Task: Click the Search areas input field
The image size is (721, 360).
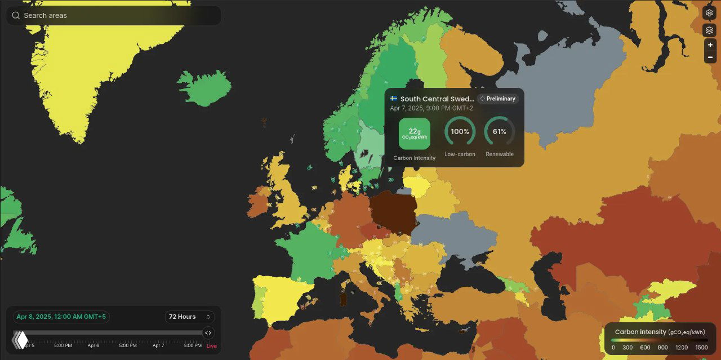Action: (x=113, y=16)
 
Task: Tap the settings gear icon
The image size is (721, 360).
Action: (x=710, y=13)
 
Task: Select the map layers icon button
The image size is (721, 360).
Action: (x=710, y=30)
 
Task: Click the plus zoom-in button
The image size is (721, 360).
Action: (x=710, y=45)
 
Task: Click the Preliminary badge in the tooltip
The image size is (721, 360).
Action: (x=498, y=99)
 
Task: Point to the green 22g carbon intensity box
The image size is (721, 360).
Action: (x=415, y=134)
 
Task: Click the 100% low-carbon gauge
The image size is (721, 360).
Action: (x=460, y=132)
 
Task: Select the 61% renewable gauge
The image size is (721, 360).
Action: (x=500, y=132)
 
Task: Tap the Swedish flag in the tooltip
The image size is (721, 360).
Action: (x=394, y=99)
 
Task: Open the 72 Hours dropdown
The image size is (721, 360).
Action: (x=189, y=317)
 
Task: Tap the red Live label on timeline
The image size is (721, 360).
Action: (x=211, y=345)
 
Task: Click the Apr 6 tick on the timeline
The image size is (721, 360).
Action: (x=94, y=345)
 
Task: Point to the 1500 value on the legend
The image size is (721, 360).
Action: (x=701, y=348)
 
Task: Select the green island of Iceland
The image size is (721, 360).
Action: (x=205, y=88)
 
